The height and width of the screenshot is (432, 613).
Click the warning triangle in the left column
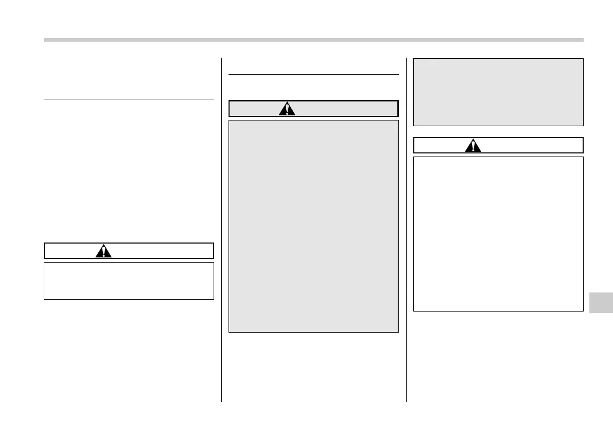(103, 251)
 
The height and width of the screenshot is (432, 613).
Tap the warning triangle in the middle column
(287, 109)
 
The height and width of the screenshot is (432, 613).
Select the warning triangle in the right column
(473, 146)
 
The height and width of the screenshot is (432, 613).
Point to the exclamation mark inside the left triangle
(103, 252)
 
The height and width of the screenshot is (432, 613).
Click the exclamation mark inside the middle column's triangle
(287, 110)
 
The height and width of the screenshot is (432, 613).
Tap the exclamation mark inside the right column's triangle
(473, 147)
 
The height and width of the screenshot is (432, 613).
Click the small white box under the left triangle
(129, 281)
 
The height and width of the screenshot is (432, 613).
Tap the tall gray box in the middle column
(313, 227)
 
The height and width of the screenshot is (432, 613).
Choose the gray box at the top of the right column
(498, 92)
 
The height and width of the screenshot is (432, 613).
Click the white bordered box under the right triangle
(498, 234)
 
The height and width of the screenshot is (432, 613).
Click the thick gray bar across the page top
(313, 40)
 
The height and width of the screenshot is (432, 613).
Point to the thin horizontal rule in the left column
(129, 99)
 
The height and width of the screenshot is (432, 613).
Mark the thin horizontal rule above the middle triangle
(313, 75)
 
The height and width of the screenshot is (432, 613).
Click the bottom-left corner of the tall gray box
(230, 332)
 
